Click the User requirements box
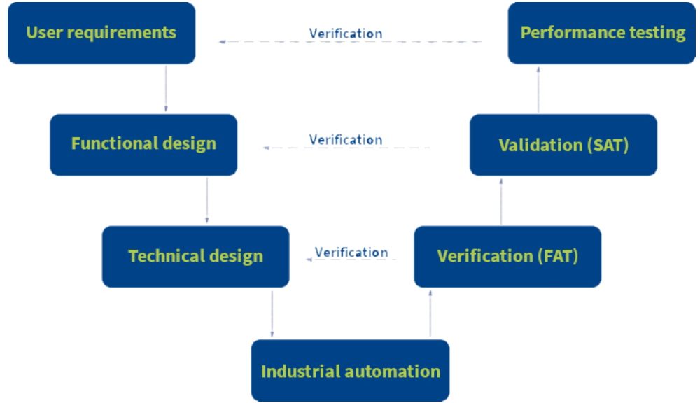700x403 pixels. tap(101, 33)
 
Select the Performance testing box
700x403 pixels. tap(602, 33)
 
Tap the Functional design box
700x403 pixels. tap(143, 145)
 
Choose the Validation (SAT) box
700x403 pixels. tap(563, 145)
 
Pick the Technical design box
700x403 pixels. tap(195, 257)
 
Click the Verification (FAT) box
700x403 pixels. tap(507, 257)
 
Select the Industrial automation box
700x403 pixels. tap(351, 370)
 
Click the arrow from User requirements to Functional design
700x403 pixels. tap(166, 88)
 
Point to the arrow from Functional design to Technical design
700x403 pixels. tap(206, 200)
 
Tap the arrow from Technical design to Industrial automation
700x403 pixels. tap(272, 313)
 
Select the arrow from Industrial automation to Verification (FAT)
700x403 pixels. tap(430, 313)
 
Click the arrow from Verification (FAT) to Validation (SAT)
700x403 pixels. tap(501, 201)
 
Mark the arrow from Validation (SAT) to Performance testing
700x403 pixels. tap(538, 90)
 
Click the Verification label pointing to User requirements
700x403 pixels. tap(346, 34)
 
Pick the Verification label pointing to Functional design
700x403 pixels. tap(346, 140)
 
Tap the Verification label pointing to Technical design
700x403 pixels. tap(351, 252)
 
